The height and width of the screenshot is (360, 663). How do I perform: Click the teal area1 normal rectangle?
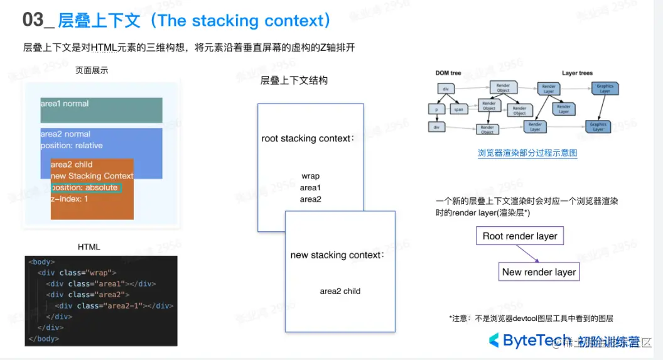[x=101, y=110]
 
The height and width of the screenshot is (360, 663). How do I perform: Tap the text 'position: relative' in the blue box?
[x=72, y=146]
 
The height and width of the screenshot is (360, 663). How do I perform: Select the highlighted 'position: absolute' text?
[x=85, y=187]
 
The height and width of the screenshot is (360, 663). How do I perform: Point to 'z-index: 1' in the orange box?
[x=70, y=199]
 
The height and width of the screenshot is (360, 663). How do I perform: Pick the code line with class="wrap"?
[x=77, y=273]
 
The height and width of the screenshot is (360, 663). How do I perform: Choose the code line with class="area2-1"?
[x=114, y=306]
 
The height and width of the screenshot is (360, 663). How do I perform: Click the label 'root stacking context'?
[x=308, y=138]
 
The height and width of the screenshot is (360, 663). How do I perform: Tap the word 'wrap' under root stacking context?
[x=310, y=176]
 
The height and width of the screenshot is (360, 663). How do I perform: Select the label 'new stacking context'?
[x=337, y=255]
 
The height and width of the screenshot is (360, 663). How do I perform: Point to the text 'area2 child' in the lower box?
[x=340, y=291]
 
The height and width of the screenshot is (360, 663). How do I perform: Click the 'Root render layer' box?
[x=520, y=236]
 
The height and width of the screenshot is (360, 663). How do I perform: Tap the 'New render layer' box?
[x=539, y=272]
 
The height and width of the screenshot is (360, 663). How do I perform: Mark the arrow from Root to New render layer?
[x=529, y=254]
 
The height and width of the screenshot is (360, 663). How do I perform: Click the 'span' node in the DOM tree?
[x=458, y=109]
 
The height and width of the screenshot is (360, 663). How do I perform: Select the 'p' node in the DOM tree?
[x=436, y=109]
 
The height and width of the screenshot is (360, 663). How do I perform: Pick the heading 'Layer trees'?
[x=577, y=74]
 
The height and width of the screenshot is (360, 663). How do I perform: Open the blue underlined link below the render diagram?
[x=527, y=153]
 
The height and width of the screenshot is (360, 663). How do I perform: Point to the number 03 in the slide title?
[x=33, y=20]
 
